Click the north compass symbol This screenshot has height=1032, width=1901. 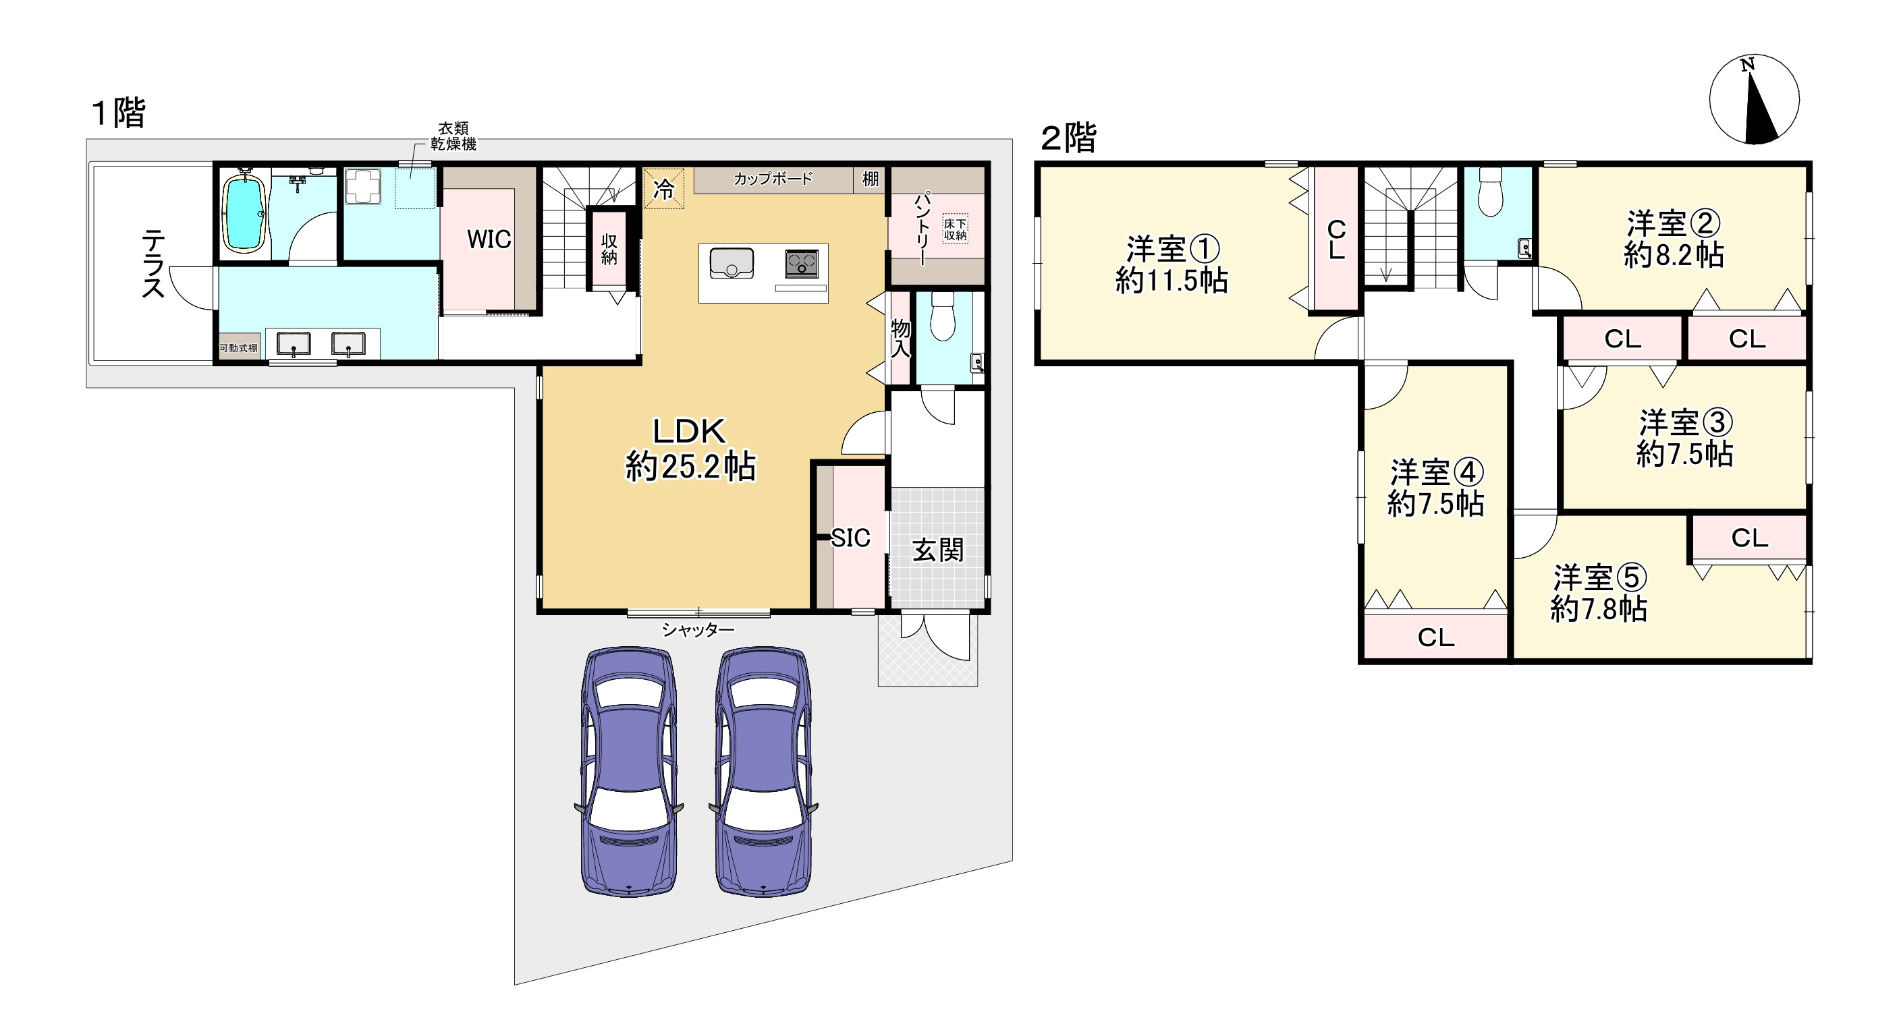click(x=1754, y=99)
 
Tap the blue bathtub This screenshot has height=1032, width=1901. click(x=245, y=212)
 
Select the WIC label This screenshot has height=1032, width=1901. click(x=489, y=239)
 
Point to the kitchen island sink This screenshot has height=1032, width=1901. click(x=732, y=263)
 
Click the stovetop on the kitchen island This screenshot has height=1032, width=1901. click(x=802, y=262)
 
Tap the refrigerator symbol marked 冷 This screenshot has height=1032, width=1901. click(x=663, y=189)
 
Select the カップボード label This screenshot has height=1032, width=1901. click(x=773, y=179)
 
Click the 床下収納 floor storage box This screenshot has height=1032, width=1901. click(x=955, y=229)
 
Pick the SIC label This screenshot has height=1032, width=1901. click(x=851, y=538)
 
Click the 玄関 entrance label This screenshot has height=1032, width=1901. click(x=938, y=550)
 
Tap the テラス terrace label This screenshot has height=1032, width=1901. click(x=153, y=263)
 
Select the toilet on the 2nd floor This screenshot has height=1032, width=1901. click(x=1491, y=192)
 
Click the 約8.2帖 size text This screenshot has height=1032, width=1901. click(x=1674, y=255)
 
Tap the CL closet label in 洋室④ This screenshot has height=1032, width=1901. click(x=1436, y=637)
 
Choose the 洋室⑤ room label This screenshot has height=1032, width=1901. click(x=1599, y=578)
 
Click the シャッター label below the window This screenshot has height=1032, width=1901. click(x=698, y=630)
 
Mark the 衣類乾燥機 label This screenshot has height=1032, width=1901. click(x=453, y=136)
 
